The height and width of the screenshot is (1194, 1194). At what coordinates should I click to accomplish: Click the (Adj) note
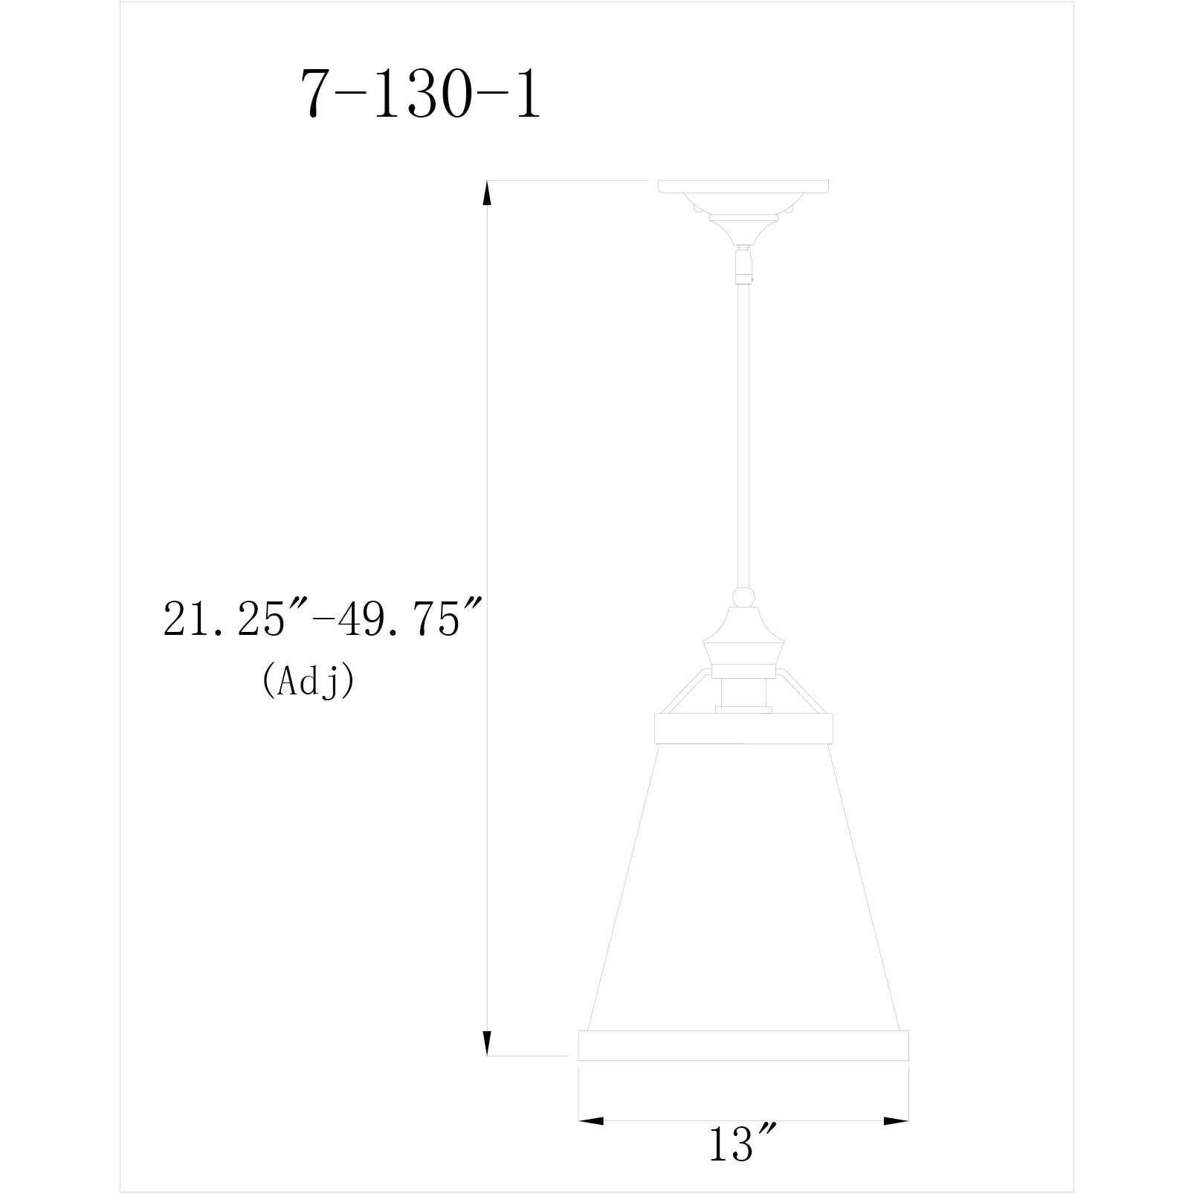point(307,680)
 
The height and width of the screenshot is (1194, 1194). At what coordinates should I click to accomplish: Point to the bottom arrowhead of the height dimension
point(488,1043)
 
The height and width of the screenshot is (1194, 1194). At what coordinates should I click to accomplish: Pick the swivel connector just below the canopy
point(743,265)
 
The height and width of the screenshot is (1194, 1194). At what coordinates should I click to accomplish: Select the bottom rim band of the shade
point(743,1045)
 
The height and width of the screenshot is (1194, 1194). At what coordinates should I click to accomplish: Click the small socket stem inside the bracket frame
point(743,695)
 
